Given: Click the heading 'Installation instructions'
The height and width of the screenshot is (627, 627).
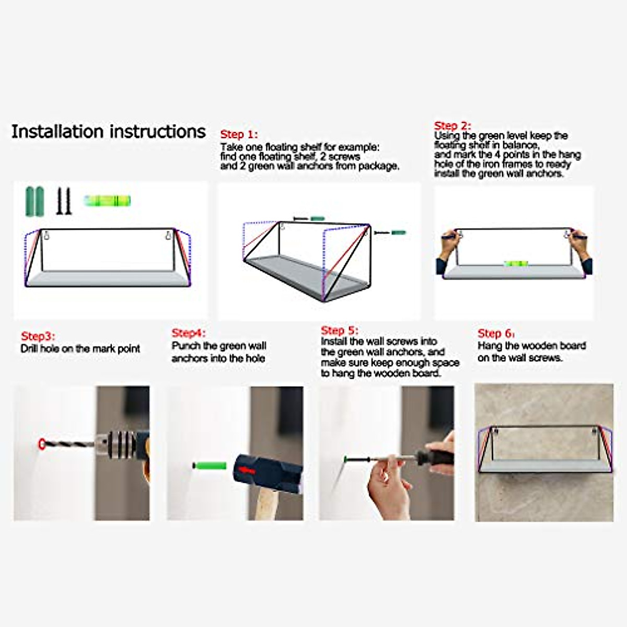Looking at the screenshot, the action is pos(108,132).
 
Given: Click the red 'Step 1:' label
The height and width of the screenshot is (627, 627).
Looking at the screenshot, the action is pos(239,134).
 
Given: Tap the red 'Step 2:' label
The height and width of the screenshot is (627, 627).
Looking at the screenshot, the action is pos(452,125).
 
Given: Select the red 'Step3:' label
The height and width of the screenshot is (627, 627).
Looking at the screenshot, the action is pos(38,336).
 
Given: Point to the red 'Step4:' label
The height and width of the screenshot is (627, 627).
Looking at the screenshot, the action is pos(189,333).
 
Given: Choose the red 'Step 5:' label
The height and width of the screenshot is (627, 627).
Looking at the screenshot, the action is pos(340,330).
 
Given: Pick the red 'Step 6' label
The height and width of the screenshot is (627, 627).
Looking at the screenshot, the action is pos(495,333).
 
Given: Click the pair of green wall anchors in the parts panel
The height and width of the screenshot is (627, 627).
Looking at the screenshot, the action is pos(34,201).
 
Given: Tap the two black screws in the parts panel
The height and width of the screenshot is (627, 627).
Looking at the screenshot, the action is pos(64,201).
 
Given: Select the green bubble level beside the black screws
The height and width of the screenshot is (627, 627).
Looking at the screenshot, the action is pos(108,201).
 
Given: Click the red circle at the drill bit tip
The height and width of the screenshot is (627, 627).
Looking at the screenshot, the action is pos(42,444).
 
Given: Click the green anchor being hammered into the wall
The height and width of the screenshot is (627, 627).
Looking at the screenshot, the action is pos(209,466).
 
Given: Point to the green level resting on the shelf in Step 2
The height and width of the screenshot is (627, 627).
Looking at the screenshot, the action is pos(515,263).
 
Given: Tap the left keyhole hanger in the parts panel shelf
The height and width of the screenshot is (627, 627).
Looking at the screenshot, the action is pos(47,235).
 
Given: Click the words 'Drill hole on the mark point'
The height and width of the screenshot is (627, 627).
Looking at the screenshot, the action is pos(80,349).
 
